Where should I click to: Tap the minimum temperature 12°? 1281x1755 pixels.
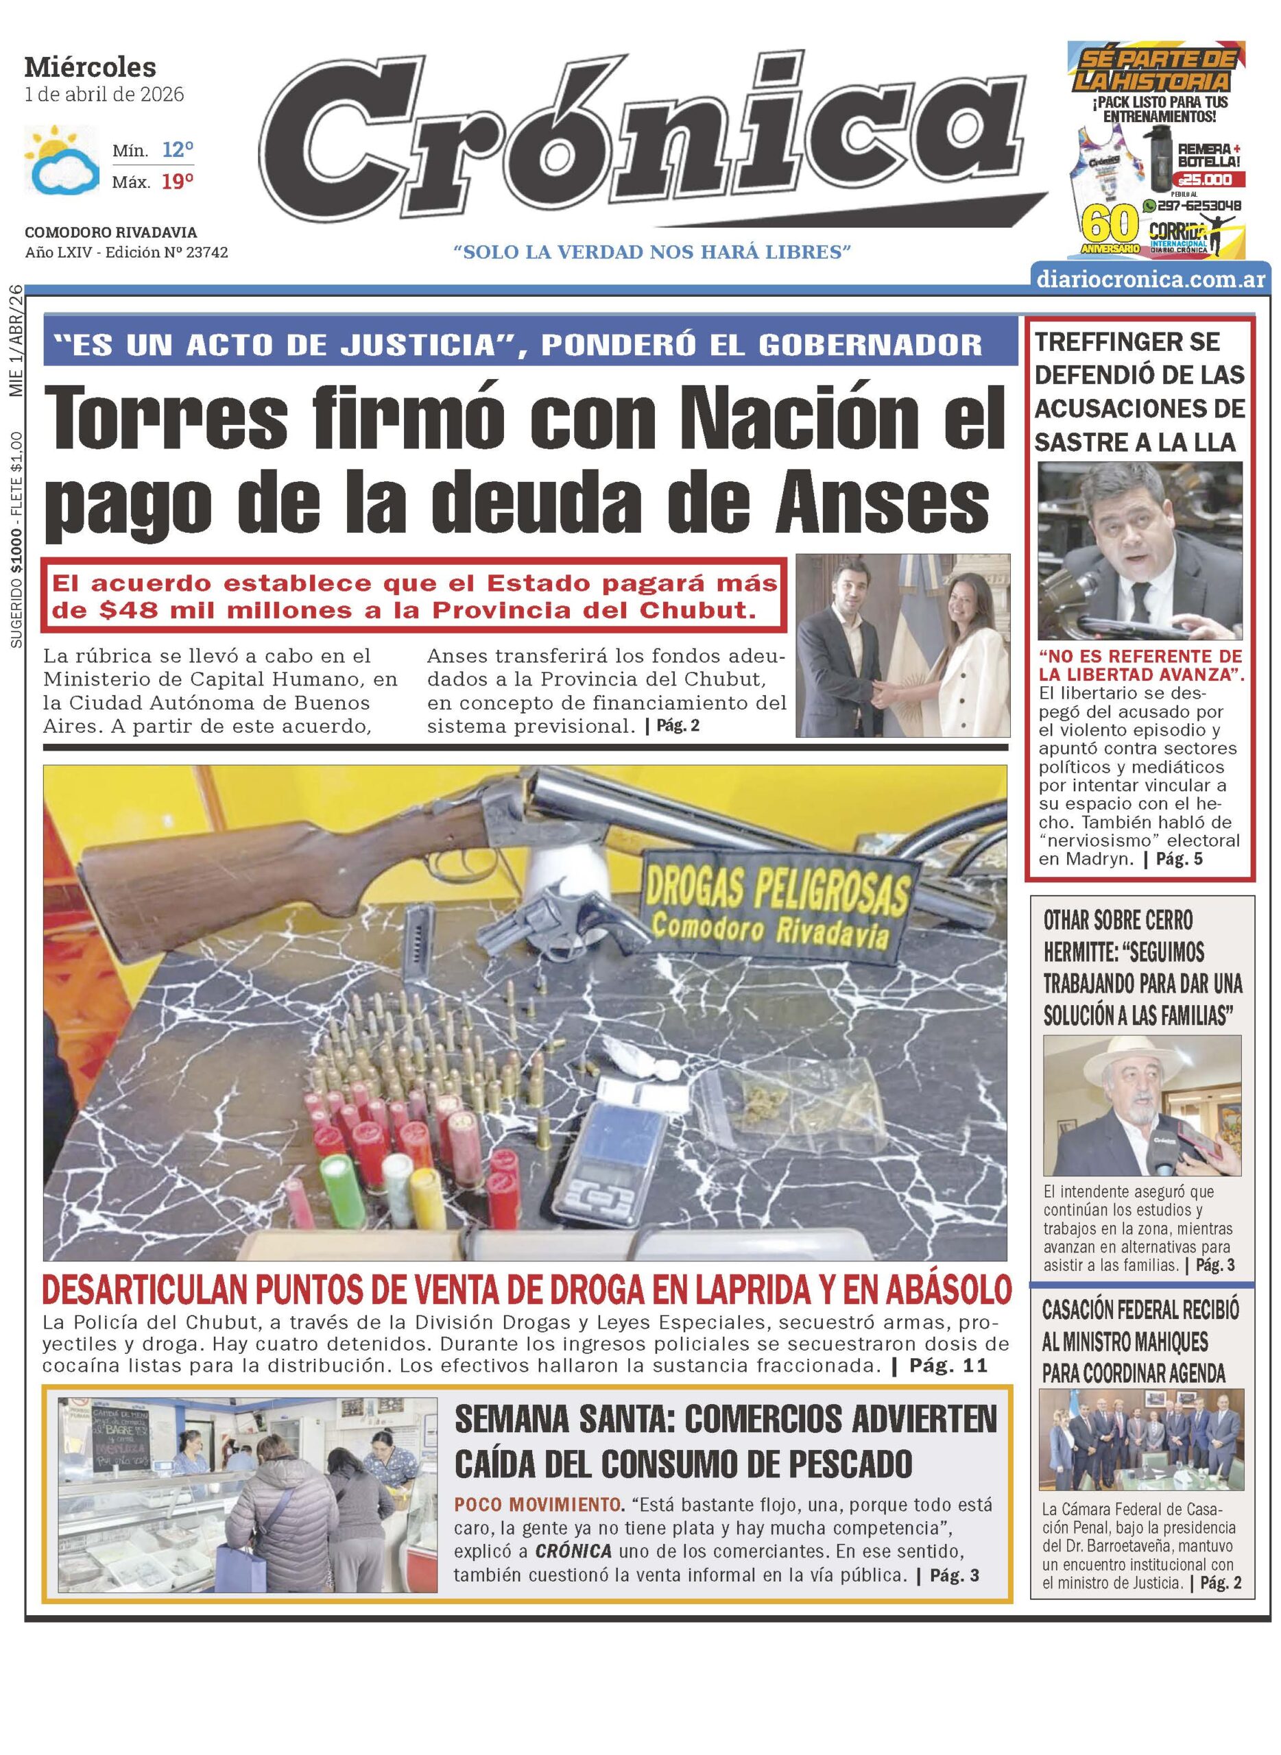tap(178, 149)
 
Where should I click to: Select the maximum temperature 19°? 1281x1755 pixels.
tap(178, 183)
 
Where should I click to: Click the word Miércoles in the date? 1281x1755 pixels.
tap(90, 69)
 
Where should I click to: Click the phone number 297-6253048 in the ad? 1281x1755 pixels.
tap(1199, 206)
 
